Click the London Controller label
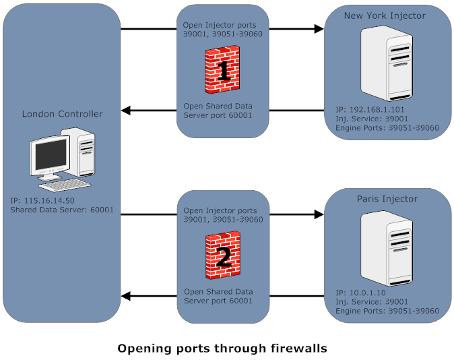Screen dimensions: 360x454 [x=63, y=114]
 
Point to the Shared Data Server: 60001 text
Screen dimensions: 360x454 [x=62, y=210]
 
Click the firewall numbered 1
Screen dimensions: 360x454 [x=223, y=69]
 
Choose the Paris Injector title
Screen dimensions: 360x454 [x=387, y=199]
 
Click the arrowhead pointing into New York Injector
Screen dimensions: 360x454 [x=319, y=29]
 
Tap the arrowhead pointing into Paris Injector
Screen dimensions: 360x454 [x=319, y=215]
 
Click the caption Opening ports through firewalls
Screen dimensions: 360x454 [x=222, y=349]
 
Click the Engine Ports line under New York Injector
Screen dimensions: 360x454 [x=387, y=127]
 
